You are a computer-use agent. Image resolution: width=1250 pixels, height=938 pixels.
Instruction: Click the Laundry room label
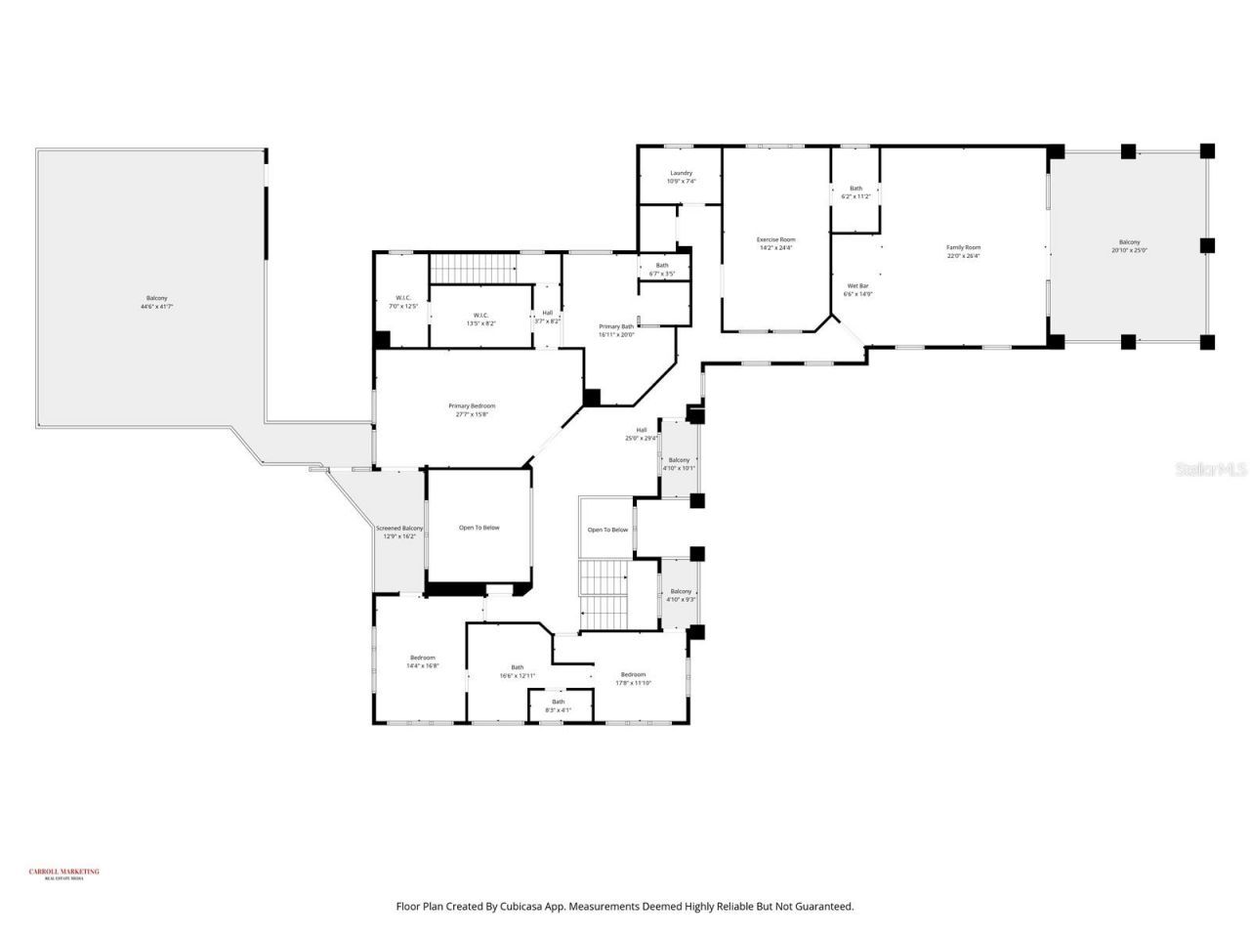coord(681,177)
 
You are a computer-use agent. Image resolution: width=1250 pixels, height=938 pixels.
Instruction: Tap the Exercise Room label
coord(776,243)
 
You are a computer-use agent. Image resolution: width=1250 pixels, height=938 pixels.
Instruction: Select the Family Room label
coord(963,251)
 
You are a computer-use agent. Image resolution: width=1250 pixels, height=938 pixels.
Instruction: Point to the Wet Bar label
coord(857,289)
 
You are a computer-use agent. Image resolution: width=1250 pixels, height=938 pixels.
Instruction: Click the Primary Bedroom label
coord(472,409)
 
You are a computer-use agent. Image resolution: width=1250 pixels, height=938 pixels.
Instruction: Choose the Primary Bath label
coord(616,330)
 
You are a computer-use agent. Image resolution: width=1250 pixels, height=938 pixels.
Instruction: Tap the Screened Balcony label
coord(399,533)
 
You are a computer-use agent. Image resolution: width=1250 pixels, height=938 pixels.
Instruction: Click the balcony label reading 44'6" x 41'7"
coord(156,302)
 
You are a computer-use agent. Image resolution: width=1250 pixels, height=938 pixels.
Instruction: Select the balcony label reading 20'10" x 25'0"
coord(1129,245)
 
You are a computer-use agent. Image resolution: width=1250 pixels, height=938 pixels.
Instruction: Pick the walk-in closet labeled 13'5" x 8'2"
coord(480,319)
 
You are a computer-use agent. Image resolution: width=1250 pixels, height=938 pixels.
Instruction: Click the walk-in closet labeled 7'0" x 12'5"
coord(402,302)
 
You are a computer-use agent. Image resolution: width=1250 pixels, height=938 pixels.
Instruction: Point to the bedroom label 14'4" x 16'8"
coord(423,661)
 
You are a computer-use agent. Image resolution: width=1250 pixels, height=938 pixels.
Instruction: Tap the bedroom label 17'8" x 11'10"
coord(633,678)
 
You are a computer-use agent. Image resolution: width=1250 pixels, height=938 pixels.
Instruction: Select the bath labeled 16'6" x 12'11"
coord(517,671)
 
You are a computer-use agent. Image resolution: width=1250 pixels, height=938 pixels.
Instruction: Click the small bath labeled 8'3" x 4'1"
coord(558,705)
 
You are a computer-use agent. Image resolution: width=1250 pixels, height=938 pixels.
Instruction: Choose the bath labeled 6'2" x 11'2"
coord(855,192)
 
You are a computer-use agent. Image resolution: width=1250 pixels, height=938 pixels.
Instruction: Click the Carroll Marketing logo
coord(63,874)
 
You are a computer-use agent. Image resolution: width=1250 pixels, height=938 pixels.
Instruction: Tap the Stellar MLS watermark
coord(1211,469)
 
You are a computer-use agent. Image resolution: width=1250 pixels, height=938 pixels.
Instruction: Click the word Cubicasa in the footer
coord(523,907)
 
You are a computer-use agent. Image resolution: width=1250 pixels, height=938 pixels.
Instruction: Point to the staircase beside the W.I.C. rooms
coord(473,267)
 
